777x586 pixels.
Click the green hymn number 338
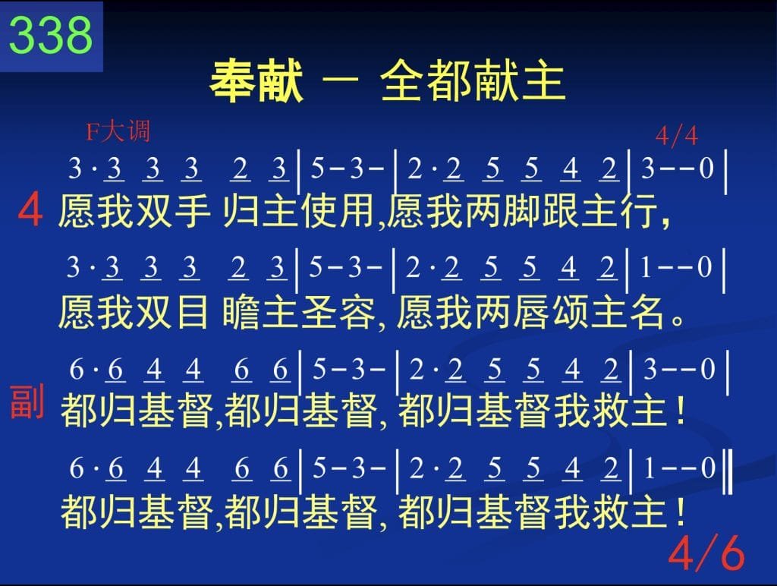(x=51, y=35)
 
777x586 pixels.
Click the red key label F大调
(x=118, y=132)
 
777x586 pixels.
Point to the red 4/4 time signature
(x=676, y=135)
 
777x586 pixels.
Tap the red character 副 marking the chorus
(x=27, y=401)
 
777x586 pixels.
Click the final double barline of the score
(x=728, y=471)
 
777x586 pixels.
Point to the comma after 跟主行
(x=665, y=222)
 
